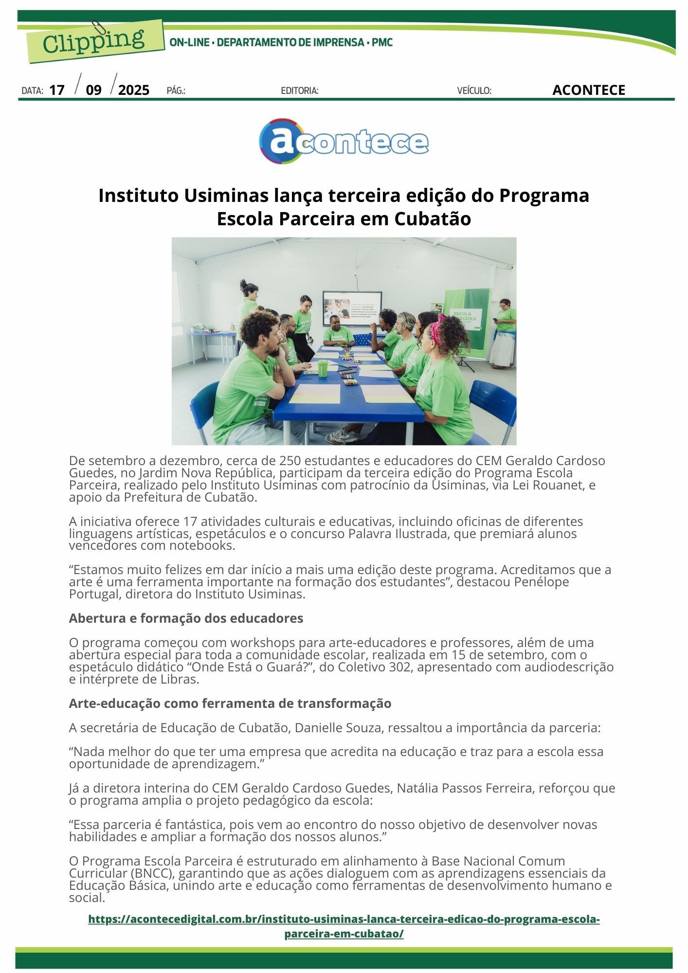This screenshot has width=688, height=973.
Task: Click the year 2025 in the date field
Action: (134, 90)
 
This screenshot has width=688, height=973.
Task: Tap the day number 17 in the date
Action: (57, 90)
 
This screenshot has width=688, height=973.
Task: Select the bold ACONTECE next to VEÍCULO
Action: (588, 90)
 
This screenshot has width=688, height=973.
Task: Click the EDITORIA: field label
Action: (300, 91)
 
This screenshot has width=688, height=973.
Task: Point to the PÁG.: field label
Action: (176, 91)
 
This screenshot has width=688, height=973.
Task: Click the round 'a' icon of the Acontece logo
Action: (278, 141)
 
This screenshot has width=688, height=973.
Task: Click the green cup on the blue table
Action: (323, 367)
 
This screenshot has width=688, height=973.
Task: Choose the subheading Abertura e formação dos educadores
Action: (186, 618)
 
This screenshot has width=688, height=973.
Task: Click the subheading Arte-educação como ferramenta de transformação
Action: (230, 703)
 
